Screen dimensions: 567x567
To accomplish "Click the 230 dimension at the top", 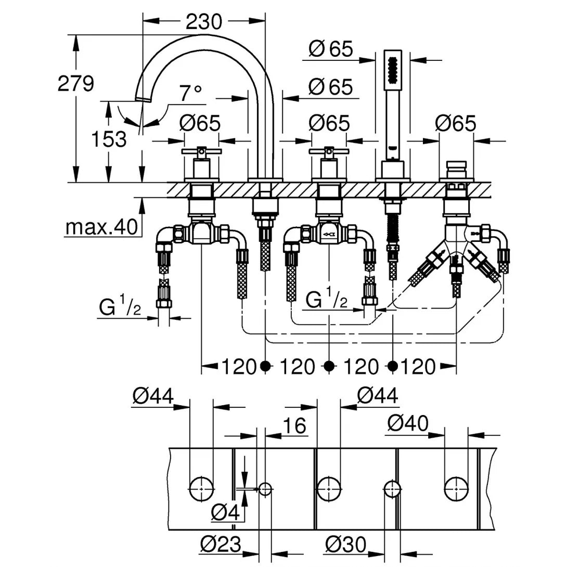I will pos(203,21).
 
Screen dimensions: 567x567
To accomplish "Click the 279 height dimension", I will pos(76,83).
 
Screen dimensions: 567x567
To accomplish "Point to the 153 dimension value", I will pos(109,139).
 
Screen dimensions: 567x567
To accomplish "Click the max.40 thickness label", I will pos(101,227).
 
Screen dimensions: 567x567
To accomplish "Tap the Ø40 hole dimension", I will pos(408,424).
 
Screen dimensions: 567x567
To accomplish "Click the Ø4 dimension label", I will pos(227,513).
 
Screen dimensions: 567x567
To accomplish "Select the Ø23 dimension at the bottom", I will pos(221,545).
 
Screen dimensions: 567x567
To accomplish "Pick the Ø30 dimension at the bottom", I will pos(346,545).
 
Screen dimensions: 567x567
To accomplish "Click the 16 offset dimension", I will pos(295,427).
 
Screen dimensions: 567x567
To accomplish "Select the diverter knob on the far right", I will pos(456,169).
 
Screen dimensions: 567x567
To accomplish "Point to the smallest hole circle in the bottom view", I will pos(265,488).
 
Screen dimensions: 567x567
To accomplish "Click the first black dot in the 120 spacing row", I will pos(266,366).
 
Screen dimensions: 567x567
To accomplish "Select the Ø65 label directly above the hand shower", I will pos(331,49).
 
